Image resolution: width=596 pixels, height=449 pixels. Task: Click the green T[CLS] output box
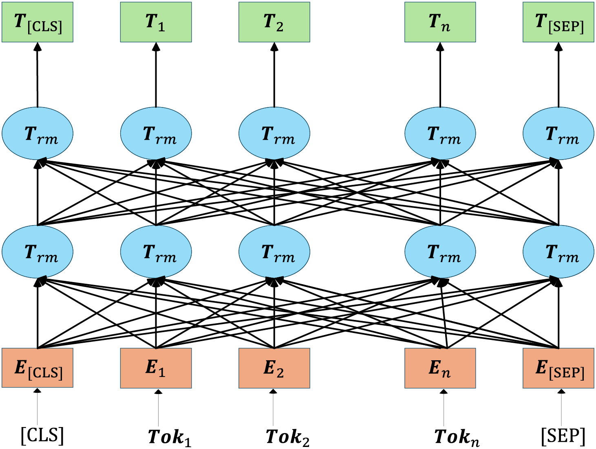point(38,22)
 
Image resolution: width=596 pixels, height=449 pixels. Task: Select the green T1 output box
point(156,22)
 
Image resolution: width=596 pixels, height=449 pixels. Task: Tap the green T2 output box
point(274,22)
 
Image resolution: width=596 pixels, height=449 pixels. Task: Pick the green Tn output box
point(440,22)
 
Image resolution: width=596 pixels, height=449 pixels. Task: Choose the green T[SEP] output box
point(558,22)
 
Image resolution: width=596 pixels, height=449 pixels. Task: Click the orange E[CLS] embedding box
point(38,368)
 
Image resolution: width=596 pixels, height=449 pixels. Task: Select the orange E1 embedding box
point(156,368)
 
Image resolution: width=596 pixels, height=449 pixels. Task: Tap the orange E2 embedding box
point(274,368)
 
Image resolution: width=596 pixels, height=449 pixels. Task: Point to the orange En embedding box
point(440,368)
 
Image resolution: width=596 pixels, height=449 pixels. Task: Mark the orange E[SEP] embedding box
point(558,368)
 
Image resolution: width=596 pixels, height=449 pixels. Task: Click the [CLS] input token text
point(42,436)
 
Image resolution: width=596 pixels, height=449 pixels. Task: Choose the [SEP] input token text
point(563,436)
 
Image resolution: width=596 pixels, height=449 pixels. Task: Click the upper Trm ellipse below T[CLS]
point(38,134)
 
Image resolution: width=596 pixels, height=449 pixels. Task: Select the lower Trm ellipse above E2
point(274,252)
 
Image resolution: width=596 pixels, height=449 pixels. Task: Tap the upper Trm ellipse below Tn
point(440,134)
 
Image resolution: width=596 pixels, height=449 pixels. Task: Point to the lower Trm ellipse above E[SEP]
point(558,252)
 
